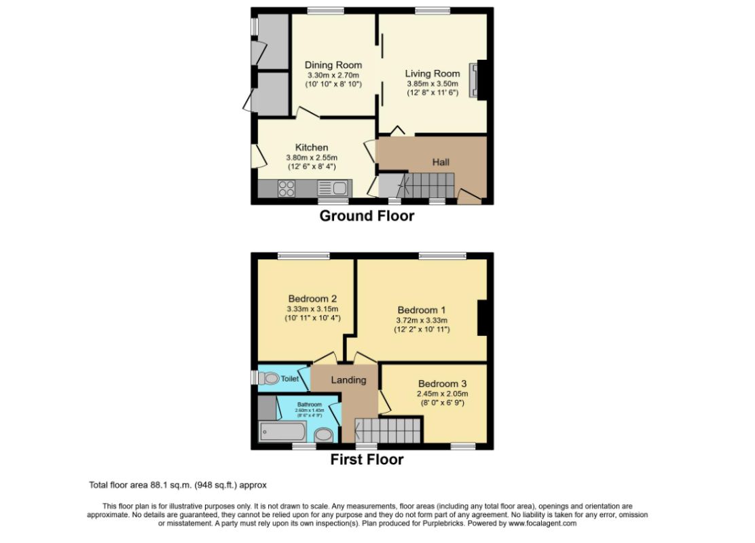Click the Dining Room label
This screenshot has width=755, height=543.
pyautogui.click(x=333, y=65)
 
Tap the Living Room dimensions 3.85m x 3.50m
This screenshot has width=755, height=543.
pyautogui.click(x=432, y=83)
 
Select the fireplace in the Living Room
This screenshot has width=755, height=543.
pyautogui.click(x=475, y=80)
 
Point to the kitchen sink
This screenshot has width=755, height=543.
pyautogui.click(x=333, y=189)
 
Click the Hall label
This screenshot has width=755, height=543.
pyautogui.click(x=441, y=162)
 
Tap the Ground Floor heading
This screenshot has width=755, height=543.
pyautogui.click(x=367, y=216)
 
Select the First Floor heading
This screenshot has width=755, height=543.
pyautogui.click(x=367, y=460)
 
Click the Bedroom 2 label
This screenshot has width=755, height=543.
pyautogui.click(x=312, y=299)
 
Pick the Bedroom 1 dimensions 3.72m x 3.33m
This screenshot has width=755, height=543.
pyautogui.click(x=422, y=320)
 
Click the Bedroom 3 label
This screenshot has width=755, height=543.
pyautogui.click(x=443, y=383)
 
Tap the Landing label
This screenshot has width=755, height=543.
pyautogui.click(x=348, y=380)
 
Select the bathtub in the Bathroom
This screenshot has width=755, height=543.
pyautogui.click(x=282, y=432)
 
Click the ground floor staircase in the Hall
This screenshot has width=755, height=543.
pyautogui.click(x=428, y=183)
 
